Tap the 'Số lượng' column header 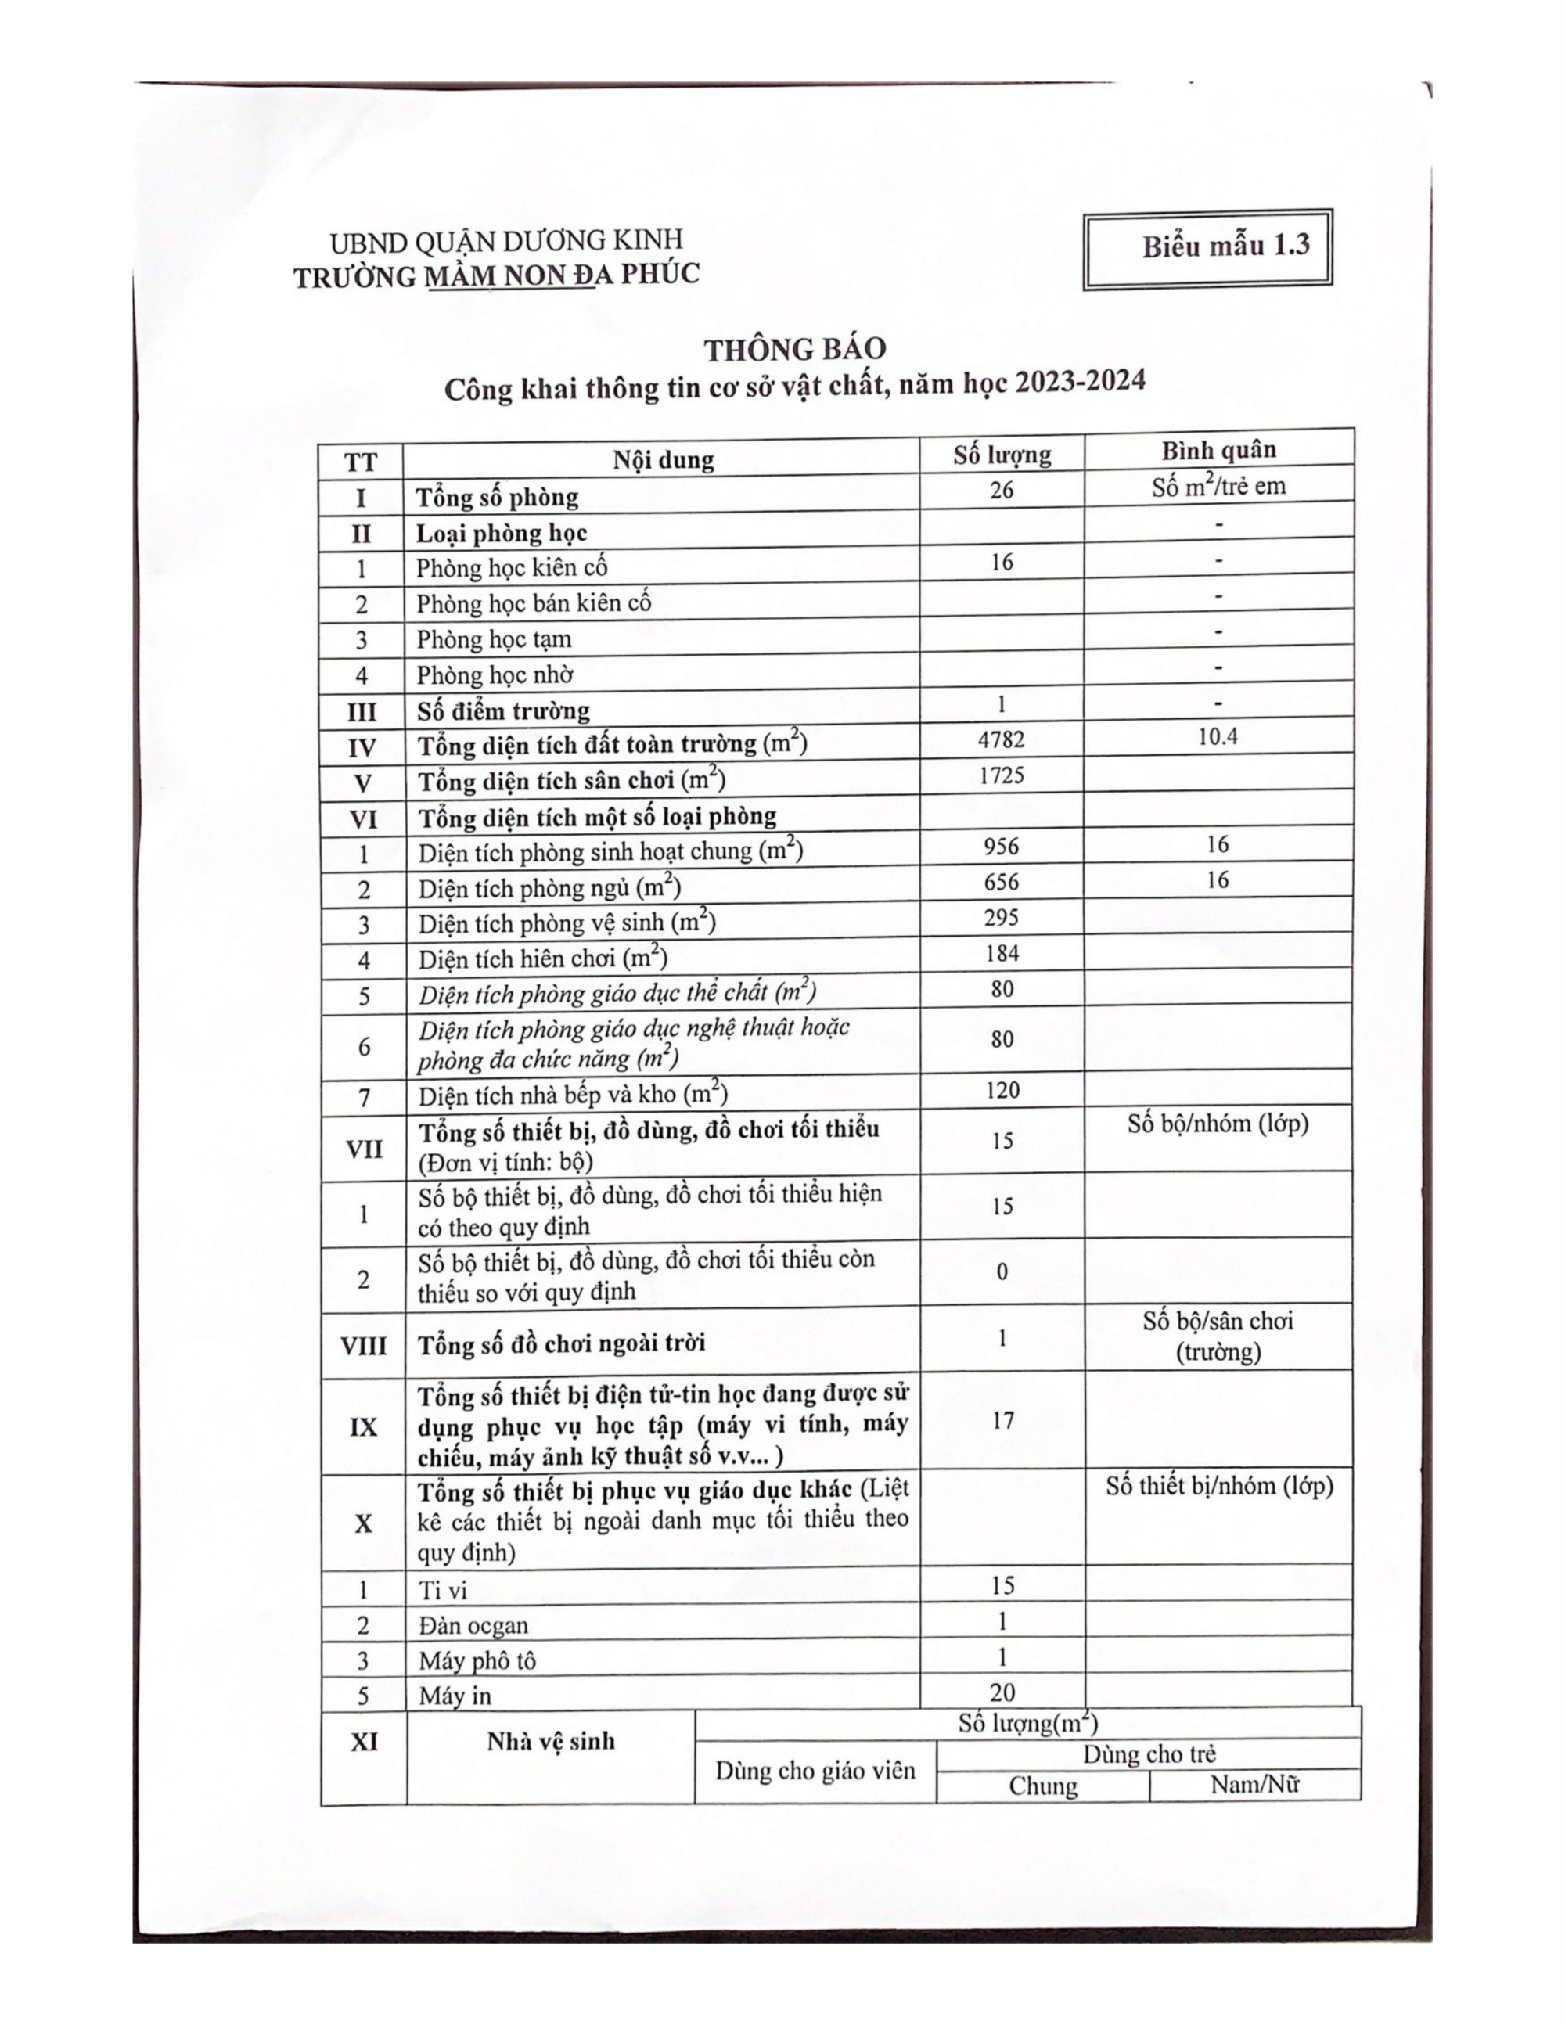1002,455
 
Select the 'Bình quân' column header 1218,450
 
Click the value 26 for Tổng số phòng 1002,491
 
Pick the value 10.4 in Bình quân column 1218,737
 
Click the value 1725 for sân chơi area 1002,775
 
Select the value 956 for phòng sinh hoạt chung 1002,847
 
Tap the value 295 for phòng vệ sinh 1002,918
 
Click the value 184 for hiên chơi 1002,953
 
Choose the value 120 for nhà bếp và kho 1002,1091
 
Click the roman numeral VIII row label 363,1345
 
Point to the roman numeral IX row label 363,1427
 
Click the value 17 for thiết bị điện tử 1003,1420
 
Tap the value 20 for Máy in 1002,1692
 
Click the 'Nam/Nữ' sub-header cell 1254,1785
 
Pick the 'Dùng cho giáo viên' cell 815,1771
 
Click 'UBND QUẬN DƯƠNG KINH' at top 506,242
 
